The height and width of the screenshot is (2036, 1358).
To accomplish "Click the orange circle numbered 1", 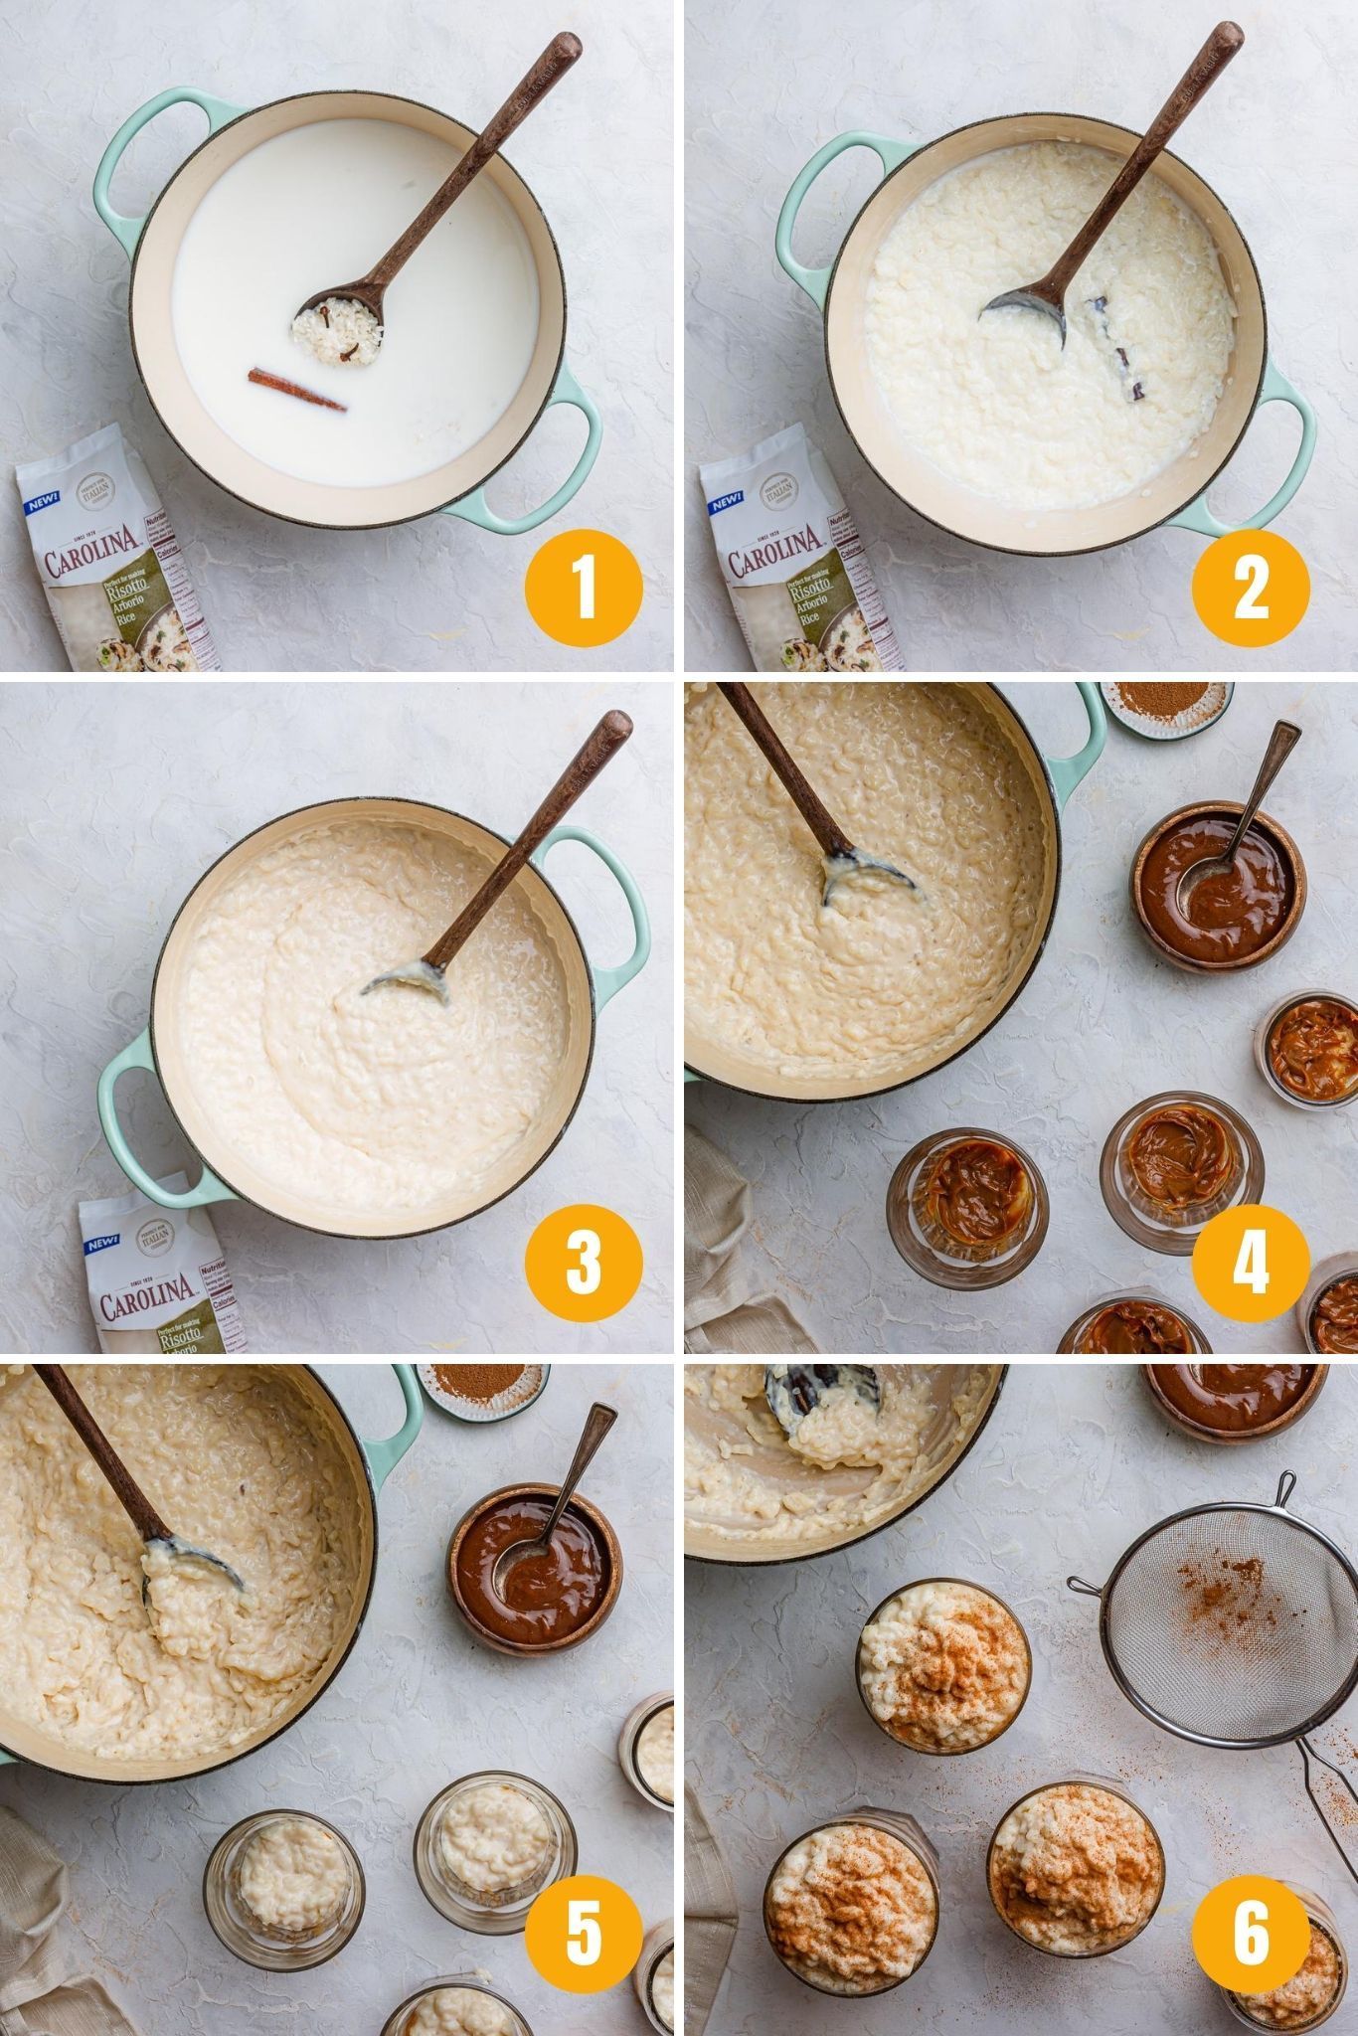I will (585, 589).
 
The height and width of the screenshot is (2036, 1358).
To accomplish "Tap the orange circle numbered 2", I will (1251, 589).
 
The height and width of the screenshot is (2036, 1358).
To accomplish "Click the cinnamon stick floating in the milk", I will (296, 389).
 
